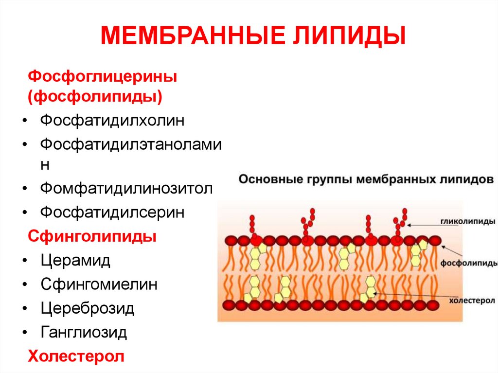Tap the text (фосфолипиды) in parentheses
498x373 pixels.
[95, 96]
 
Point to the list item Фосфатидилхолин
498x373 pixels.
[112, 120]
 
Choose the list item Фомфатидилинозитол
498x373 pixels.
[126, 188]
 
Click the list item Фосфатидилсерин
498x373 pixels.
[112, 212]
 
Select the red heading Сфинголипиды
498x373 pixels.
[92, 237]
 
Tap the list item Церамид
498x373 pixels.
[75, 260]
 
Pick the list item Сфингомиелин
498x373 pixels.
[99, 284]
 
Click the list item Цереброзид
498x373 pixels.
[88, 308]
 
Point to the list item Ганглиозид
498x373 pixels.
[84, 332]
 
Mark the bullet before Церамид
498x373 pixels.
[24, 261]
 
